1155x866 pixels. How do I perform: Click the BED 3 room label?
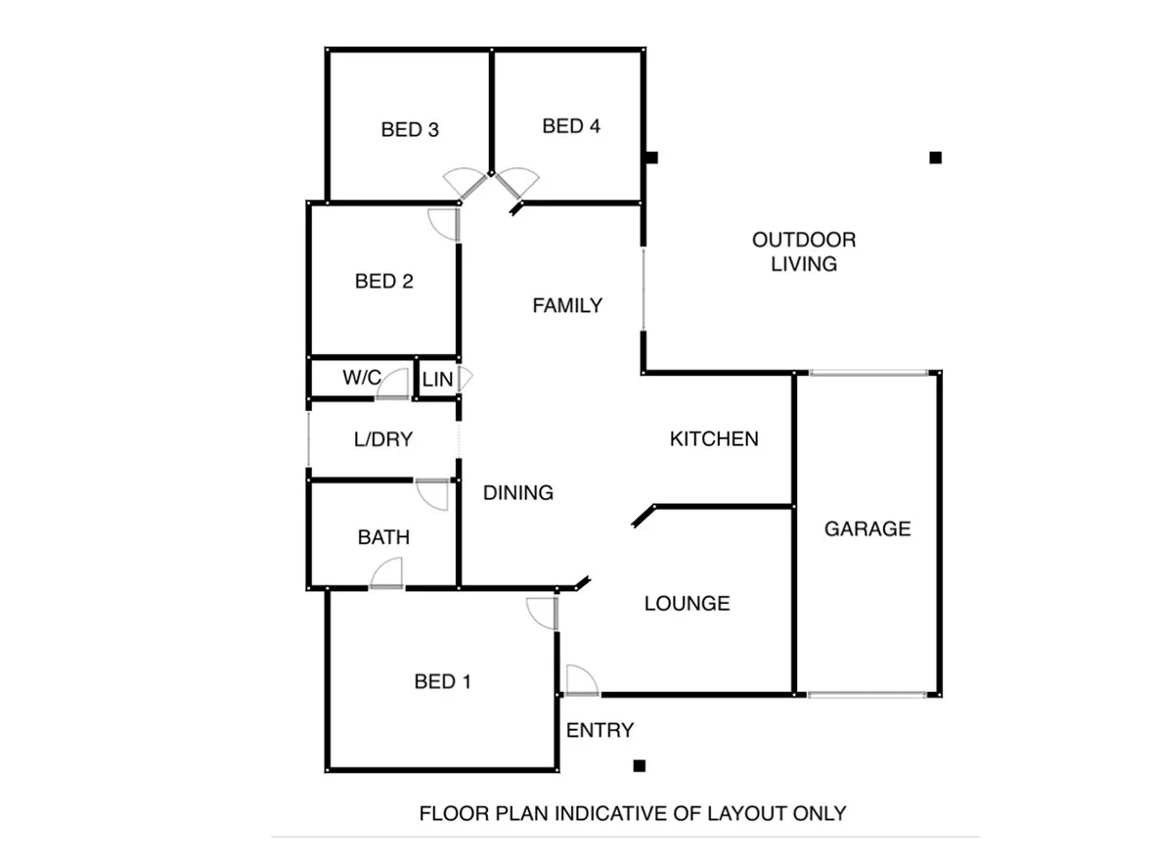[x=409, y=129]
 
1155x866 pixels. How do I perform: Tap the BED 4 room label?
[x=571, y=125]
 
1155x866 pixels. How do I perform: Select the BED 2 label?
[x=383, y=282]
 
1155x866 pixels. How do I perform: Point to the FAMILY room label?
[x=567, y=305]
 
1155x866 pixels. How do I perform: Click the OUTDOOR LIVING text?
[x=804, y=251]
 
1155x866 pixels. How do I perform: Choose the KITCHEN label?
[x=714, y=438]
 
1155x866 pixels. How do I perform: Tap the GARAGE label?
[x=867, y=528]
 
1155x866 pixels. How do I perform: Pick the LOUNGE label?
[x=687, y=603]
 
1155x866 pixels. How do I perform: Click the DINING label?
[x=518, y=492]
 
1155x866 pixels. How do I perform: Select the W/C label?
[x=361, y=378]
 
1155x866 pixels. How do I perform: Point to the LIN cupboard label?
[x=437, y=379]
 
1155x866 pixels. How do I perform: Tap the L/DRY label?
[x=383, y=439]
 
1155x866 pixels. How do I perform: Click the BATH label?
[x=383, y=537]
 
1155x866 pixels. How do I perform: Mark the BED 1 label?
[x=443, y=681]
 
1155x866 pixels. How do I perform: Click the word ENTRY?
[x=600, y=730]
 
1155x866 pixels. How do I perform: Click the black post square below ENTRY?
[x=640, y=765]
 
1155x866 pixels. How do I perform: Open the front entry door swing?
[x=580, y=680]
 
